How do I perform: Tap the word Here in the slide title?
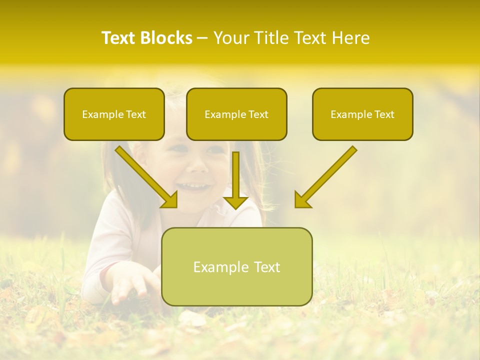349,38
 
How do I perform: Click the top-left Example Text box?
114,114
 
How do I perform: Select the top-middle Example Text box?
236,114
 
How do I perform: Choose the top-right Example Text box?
362,114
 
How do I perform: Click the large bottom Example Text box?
236,267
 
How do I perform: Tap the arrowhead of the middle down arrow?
236,202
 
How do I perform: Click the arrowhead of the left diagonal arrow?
170,200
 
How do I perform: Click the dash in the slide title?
202,38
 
